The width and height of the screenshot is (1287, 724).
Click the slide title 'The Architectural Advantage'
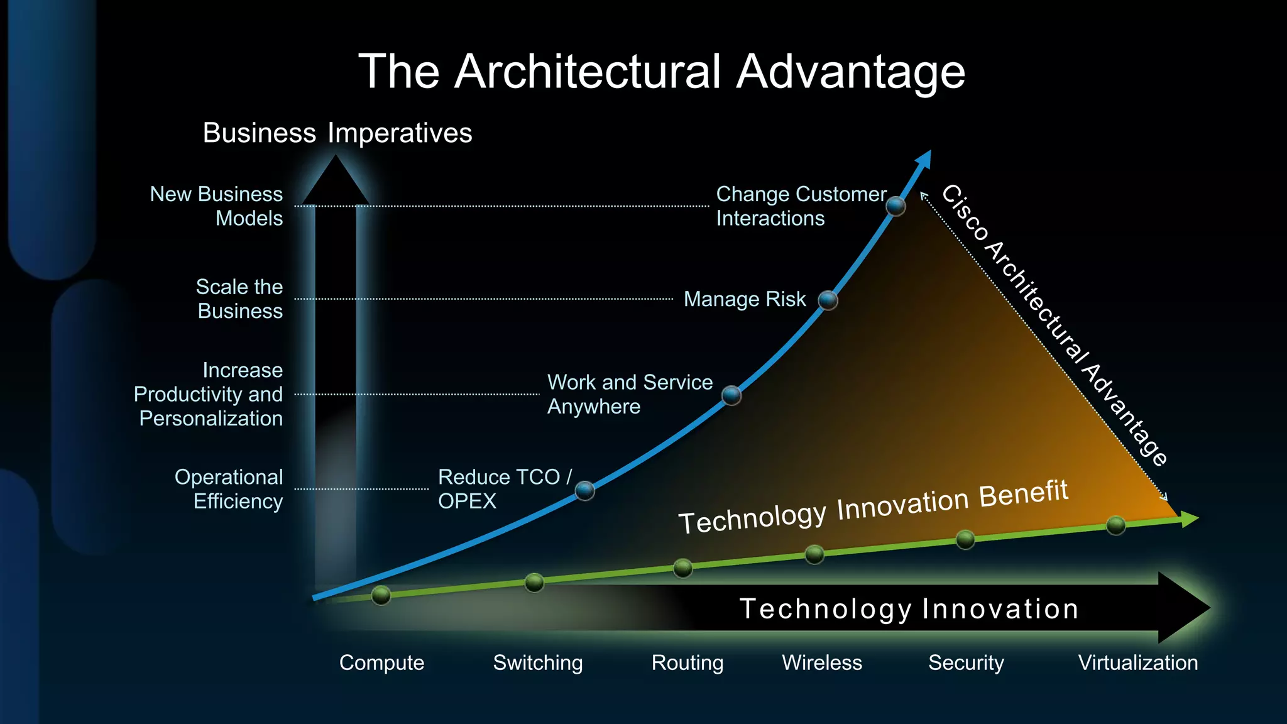pos(661,71)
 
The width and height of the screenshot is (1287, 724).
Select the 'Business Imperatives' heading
pos(337,133)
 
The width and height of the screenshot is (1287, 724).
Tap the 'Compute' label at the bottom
pos(381,662)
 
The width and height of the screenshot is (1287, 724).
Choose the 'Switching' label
pos(538,662)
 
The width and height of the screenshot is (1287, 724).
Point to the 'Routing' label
pos(687,662)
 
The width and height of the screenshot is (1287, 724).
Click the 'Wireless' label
pos(822,662)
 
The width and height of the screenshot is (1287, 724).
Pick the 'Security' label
pos(966,662)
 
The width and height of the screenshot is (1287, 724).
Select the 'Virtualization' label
pos(1138,662)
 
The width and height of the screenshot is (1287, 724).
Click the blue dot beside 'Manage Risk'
pos(828,300)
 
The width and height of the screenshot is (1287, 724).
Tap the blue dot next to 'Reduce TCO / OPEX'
pos(585,490)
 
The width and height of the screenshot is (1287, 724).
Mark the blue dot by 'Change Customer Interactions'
pos(895,206)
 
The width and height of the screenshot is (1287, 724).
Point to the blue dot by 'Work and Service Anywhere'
pos(731,395)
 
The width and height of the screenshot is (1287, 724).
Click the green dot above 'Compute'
pos(381,595)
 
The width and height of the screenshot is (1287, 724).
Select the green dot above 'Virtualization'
pos(1116,525)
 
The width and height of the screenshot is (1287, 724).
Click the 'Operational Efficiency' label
pos(229,489)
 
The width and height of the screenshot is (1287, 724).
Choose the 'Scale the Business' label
pos(239,299)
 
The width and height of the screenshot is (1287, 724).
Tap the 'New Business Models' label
pos(217,206)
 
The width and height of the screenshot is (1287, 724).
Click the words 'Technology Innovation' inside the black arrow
pos(909,608)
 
